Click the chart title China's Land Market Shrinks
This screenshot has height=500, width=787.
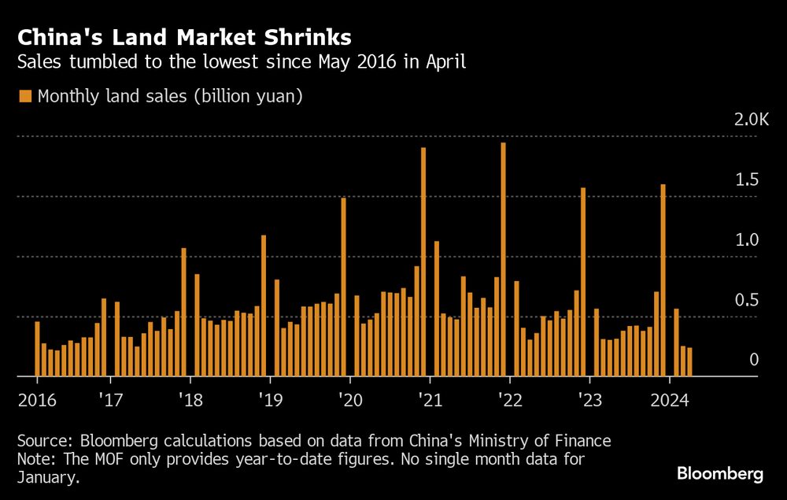(x=184, y=36)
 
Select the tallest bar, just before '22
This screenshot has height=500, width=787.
(x=504, y=260)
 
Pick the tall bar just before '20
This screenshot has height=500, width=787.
(x=344, y=287)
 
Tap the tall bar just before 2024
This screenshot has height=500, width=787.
(x=663, y=280)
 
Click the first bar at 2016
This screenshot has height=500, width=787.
(x=37, y=349)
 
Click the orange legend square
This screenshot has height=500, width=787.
(x=25, y=96)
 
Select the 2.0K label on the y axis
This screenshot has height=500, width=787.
(x=750, y=120)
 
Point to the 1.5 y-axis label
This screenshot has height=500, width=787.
(x=746, y=180)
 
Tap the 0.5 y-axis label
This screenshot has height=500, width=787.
(x=746, y=301)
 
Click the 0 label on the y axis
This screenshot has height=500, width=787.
(x=753, y=360)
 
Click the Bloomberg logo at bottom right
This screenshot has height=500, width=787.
(x=719, y=474)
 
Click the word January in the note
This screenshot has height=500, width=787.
(x=46, y=477)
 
